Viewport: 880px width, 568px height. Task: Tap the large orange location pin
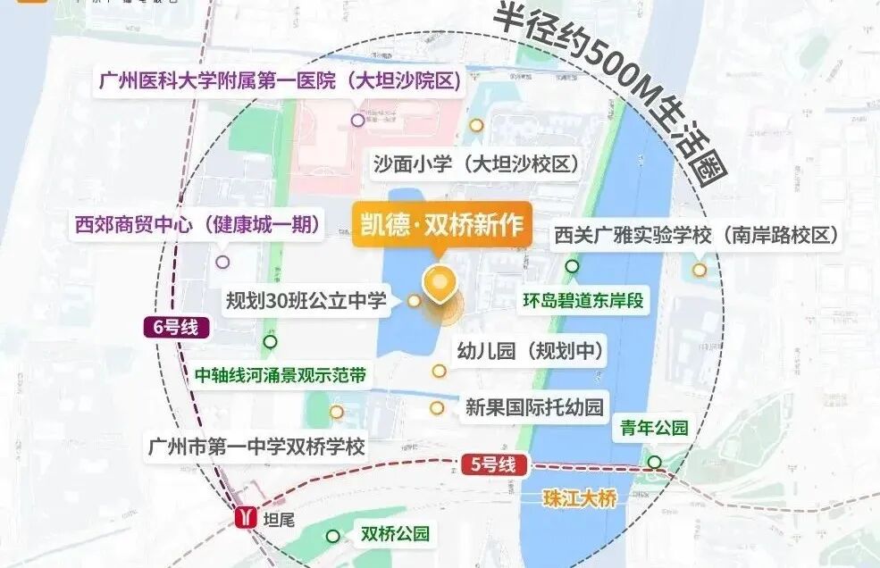(x=439, y=283)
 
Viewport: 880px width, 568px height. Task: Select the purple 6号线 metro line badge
(x=176, y=328)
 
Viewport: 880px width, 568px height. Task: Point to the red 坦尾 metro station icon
(x=244, y=517)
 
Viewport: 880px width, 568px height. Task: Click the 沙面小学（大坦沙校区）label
(x=475, y=164)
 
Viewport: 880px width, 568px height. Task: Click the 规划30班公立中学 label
(x=306, y=301)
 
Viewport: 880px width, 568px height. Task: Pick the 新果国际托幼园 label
(x=534, y=408)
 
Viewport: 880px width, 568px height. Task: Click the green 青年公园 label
(x=655, y=429)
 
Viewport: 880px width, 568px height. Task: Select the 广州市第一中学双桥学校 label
(x=257, y=447)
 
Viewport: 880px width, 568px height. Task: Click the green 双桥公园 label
(x=395, y=535)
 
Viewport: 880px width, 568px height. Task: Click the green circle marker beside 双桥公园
(x=332, y=536)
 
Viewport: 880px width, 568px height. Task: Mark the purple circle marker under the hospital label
(x=357, y=120)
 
